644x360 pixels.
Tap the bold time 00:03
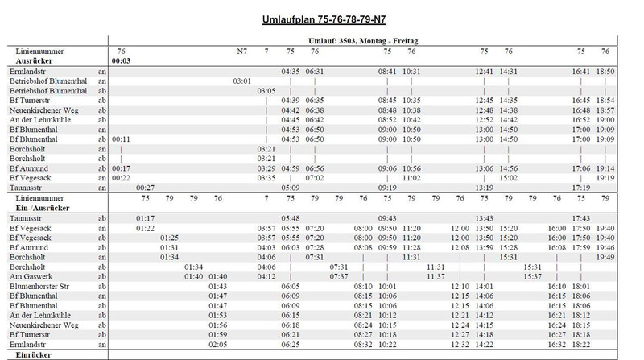(122, 60)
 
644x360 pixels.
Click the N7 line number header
(242, 51)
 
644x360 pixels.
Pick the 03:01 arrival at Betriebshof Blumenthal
(242, 81)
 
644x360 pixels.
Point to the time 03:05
(266, 90)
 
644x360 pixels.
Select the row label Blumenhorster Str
(39, 286)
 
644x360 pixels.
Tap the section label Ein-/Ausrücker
(39, 207)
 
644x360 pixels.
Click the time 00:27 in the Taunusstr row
(146, 187)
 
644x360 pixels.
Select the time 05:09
(291, 187)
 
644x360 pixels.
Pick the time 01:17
(146, 217)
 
